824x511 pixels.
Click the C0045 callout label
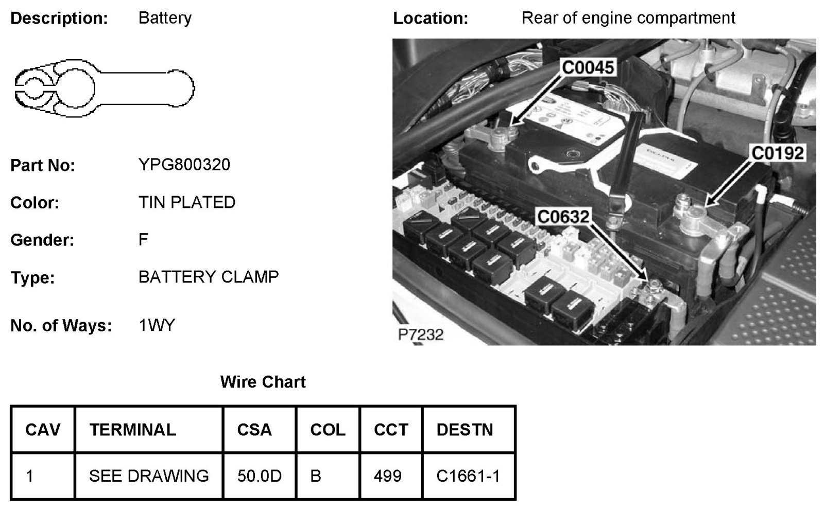[588, 67]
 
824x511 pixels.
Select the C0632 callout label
[562, 217]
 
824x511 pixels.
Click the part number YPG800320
[184, 165]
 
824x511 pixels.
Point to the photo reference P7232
[420, 334]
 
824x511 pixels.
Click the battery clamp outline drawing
[104, 88]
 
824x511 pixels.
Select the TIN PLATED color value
[186, 202]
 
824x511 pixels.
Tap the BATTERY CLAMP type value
[208, 277]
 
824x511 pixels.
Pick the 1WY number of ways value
[157, 325]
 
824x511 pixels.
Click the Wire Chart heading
[263, 382]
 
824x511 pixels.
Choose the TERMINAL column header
[133, 430]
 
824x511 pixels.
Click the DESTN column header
[465, 430]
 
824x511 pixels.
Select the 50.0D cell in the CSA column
[259, 476]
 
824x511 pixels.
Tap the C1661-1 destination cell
[468, 476]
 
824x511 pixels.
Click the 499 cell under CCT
[387, 476]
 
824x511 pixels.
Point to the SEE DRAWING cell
[149, 476]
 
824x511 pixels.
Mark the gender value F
[143, 239]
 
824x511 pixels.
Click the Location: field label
[431, 19]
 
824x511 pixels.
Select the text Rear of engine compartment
[628, 18]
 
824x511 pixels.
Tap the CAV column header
[43, 430]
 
